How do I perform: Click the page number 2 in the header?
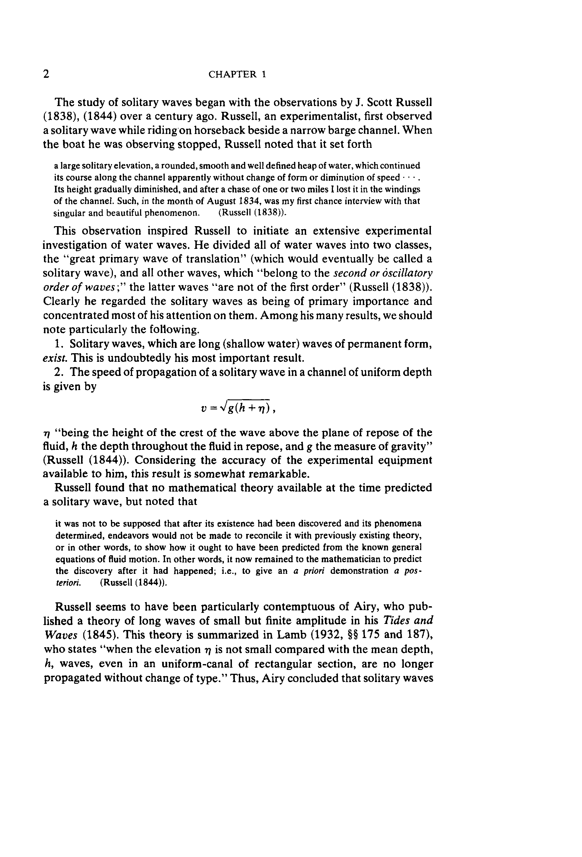46,74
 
